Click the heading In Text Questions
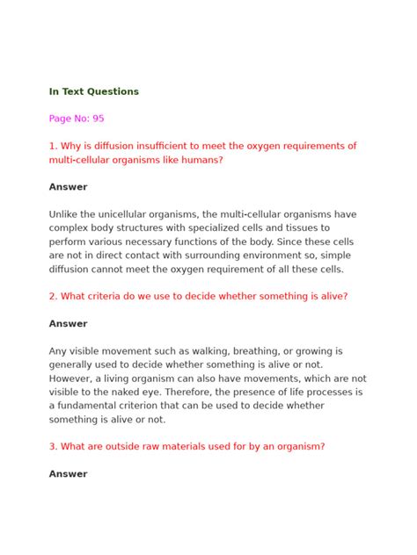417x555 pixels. click(x=94, y=91)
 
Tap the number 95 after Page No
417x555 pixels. click(x=98, y=119)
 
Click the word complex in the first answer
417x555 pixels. click(x=70, y=227)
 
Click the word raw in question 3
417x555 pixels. click(x=147, y=446)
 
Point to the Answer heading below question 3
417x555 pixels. click(x=69, y=474)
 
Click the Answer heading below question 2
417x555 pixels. click(x=69, y=324)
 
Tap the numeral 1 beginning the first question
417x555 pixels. click(x=52, y=146)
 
